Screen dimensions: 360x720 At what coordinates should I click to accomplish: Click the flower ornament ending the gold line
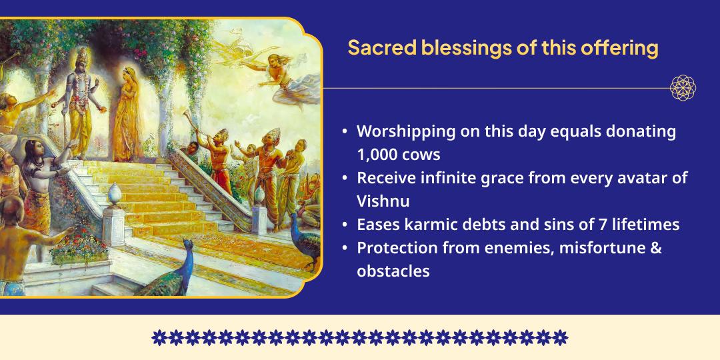click(683, 87)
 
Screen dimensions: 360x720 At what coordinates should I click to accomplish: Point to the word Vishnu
click(383, 201)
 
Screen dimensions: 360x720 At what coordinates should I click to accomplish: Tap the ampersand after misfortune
click(655, 247)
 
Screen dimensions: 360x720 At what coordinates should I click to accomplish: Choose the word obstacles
click(393, 271)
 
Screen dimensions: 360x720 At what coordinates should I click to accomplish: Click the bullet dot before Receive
click(344, 179)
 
